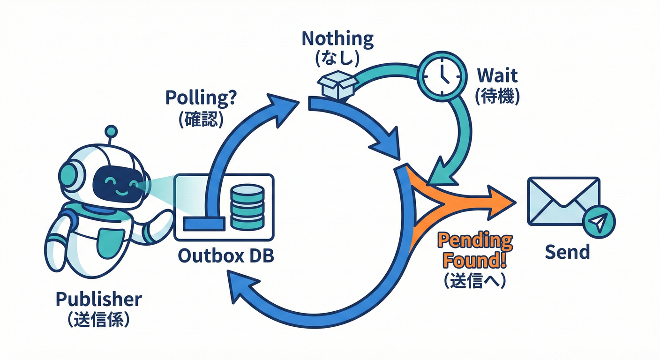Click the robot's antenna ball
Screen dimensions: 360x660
111,130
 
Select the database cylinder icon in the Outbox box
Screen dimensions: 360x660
247,207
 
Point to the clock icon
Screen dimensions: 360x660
442,76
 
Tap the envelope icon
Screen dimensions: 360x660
563,201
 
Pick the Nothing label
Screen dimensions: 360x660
337,38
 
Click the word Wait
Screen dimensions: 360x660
497,75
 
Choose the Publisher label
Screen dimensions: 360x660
98,299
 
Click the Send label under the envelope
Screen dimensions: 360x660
567,252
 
